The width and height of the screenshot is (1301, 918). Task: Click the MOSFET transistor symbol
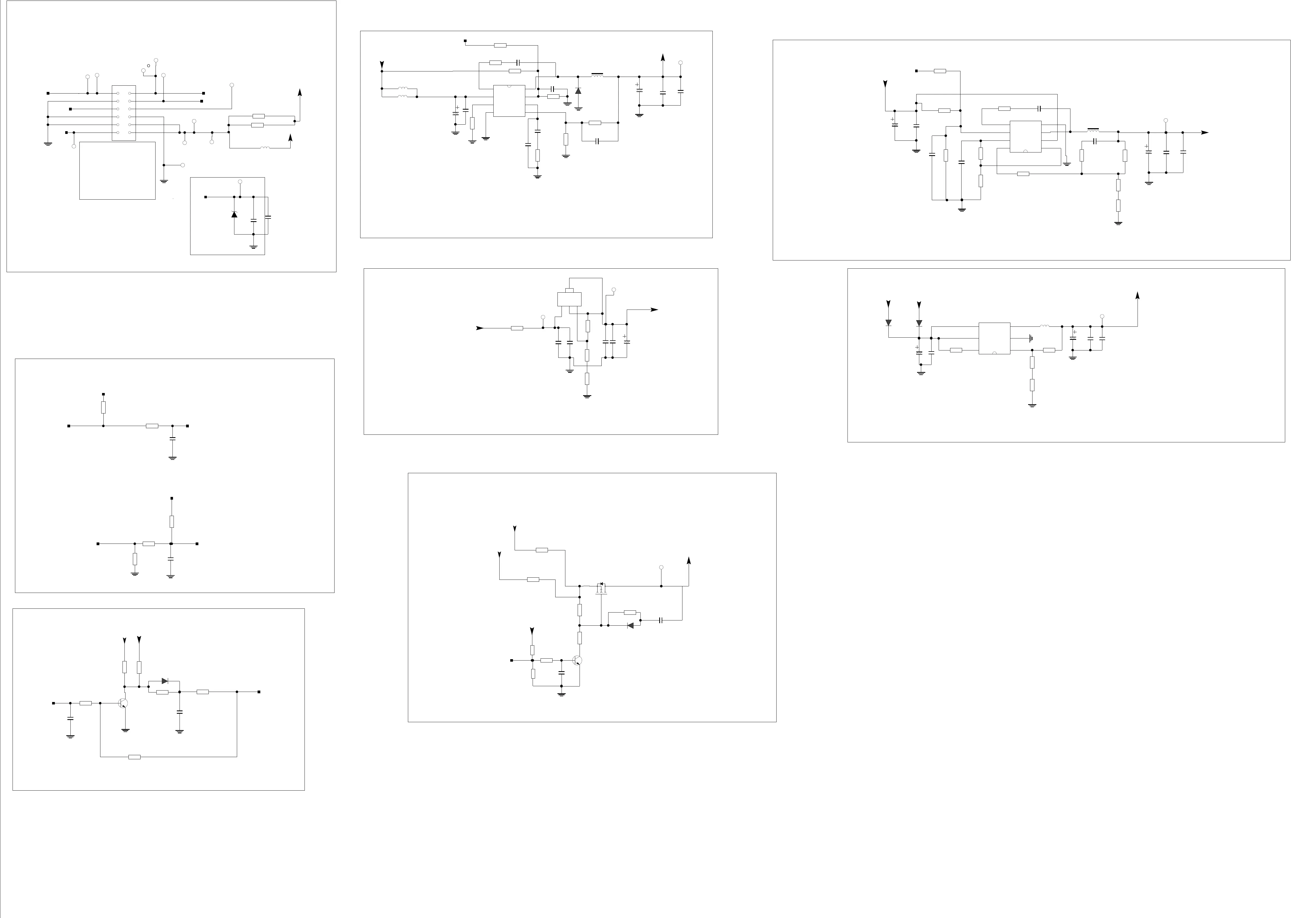coord(601,589)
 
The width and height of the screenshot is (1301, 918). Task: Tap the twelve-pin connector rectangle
coord(124,113)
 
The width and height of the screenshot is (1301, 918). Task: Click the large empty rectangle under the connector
coord(117,170)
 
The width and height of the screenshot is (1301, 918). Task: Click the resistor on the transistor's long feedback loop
coord(134,757)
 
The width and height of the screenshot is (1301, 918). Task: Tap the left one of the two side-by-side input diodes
coord(888,323)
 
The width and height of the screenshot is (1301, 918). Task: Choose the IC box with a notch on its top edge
coord(509,101)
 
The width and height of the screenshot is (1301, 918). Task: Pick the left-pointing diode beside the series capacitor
coord(630,626)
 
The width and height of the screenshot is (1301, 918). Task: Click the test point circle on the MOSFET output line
coord(661,567)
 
